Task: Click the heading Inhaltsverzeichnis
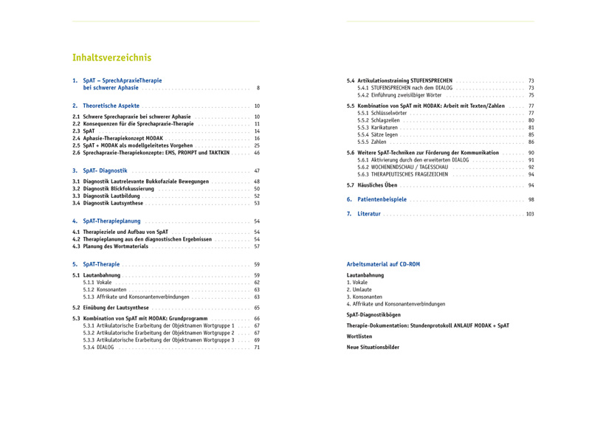111,58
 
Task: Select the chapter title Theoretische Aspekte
111,106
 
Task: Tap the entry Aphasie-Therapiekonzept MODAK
123,138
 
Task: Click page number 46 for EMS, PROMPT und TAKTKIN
257,153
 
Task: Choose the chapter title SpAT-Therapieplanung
111,221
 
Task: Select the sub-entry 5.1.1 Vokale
97,283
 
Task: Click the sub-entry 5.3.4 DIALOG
99,347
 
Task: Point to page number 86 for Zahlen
531,142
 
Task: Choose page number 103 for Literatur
529,214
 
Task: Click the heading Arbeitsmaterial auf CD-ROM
383,264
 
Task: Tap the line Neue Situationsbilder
373,347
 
